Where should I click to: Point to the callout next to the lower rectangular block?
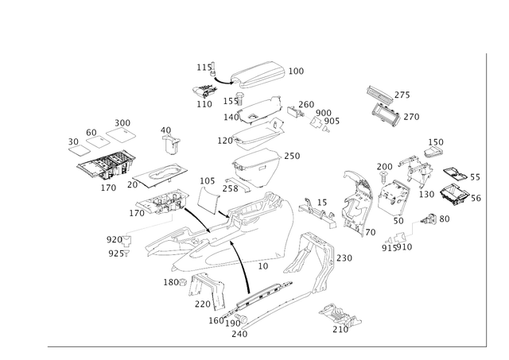point(413,116)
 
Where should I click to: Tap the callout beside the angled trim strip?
point(344,257)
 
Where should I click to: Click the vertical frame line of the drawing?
point(484,199)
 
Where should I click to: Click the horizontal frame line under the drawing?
point(262,346)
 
